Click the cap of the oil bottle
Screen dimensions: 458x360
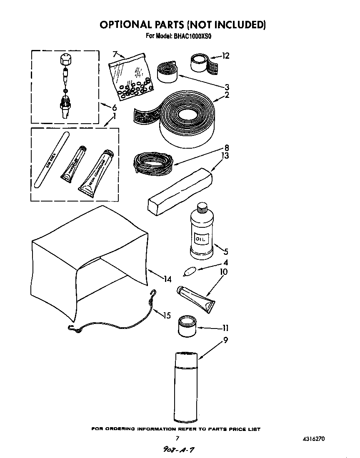[x=202, y=207]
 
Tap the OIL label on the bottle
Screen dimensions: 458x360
[x=201, y=239]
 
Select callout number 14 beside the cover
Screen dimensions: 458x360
[x=167, y=279]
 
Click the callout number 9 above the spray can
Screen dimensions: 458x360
[x=225, y=340]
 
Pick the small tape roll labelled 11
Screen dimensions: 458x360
[x=187, y=326]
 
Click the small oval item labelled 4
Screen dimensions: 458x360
[x=189, y=271]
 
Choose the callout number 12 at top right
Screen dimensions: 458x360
[x=225, y=56]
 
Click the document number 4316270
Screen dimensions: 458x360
[x=314, y=438]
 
